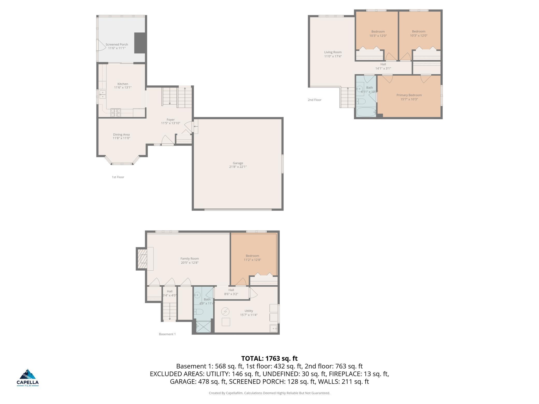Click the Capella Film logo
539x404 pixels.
pos(28,378)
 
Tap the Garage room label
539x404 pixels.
pos(238,163)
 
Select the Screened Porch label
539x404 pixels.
pos(117,45)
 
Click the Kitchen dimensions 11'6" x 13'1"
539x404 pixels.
pos(123,88)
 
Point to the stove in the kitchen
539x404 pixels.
pos(116,112)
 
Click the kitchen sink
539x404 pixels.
pos(103,95)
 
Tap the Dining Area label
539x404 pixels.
pos(121,135)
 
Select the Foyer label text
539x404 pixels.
pos(171,120)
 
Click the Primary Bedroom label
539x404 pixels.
pos(409,95)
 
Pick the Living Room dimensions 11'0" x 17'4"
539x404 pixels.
pos(333,56)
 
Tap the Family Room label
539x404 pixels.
pos(190,259)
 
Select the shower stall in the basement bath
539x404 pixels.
pos(204,327)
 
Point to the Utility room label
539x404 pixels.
pos(249,311)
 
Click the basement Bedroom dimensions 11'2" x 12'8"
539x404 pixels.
pos(252,260)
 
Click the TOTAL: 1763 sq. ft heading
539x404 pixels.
pos(269,358)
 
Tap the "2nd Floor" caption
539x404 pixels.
pos(315,100)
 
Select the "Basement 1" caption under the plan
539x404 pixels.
pos(167,334)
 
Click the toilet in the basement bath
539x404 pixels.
pos(199,312)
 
